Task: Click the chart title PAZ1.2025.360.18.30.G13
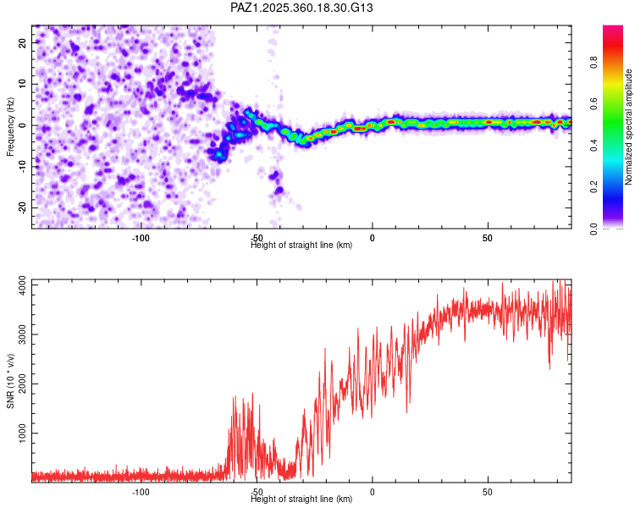[x=302, y=8]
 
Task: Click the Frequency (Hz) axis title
[x=10, y=126]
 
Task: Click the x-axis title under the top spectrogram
[x=301, y=246]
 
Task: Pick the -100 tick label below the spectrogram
[x=141, y=238]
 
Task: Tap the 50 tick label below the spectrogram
[x=488, y=238]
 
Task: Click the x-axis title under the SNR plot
[x=301, y=500]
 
